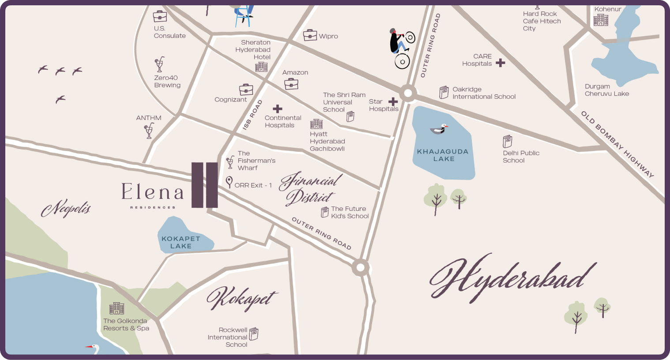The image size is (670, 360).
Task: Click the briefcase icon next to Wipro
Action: point(310,35)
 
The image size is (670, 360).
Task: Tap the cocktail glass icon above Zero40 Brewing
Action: point(159,64)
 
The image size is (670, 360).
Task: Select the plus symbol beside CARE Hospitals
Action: point(500,63)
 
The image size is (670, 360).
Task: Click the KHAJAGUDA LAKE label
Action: point(443,155)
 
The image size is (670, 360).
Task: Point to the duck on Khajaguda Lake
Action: point(439,129)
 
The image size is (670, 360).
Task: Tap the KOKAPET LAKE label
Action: point(181,242)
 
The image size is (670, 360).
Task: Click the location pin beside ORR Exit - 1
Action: point(229,182)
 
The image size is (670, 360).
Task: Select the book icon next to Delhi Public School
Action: point(508,142)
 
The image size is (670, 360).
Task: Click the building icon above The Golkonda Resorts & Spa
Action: point(117,308)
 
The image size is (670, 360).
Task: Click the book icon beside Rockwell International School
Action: point(254,334)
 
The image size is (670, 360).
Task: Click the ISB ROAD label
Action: point(252,115)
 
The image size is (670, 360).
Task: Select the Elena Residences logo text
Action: point(152,194)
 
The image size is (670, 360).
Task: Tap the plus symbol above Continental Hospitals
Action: point(277,109)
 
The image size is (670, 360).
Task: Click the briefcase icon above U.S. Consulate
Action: point(160,17)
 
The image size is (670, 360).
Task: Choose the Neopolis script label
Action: point(66,209)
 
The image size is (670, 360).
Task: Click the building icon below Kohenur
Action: point(600,20)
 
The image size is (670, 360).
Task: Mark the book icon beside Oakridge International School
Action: point(444,92)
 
